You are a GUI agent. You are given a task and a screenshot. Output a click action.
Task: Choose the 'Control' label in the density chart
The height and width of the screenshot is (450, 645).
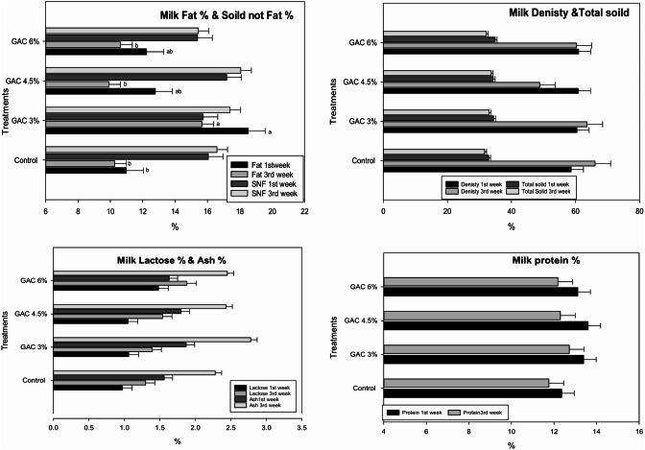[x=363, y=160]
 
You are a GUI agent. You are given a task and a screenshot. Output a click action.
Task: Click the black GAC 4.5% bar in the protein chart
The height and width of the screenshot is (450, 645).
[x=486, y=325]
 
